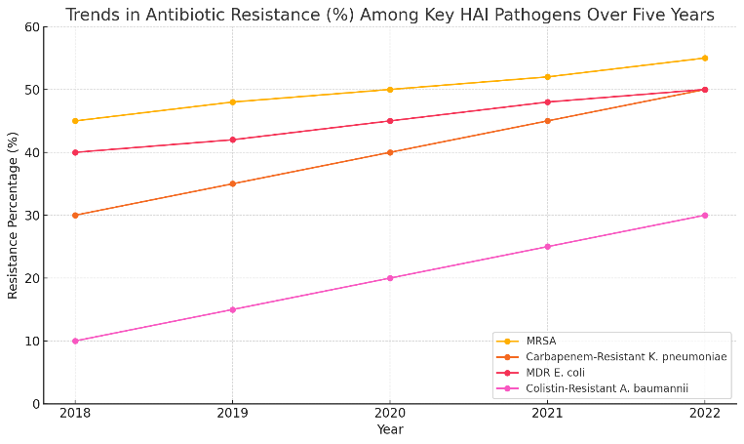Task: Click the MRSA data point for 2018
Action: tap(75, 121)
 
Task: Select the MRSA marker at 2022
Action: tap(705, 59)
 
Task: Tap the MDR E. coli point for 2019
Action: tap(232, 140)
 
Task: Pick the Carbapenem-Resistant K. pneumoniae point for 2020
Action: tap(390, 152)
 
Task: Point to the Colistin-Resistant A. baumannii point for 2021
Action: tap(548, 247)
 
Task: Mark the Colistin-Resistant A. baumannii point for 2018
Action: tap(75, 341)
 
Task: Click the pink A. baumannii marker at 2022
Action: tap(705, 216)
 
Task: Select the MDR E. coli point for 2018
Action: tap(75, 152)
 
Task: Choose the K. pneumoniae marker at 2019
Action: tap(232, 183)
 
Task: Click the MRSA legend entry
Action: tap(541, 341)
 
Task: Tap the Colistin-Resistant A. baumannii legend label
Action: tap(607, 388)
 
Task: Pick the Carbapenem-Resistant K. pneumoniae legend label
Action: tap(626, 356)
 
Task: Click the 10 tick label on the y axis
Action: tap(32, 341)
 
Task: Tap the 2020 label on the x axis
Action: tap(390, 413)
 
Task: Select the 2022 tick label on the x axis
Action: tap(705, 413)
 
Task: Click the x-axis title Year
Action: tap(390, 429)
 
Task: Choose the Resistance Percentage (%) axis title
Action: tap(13, 216)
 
